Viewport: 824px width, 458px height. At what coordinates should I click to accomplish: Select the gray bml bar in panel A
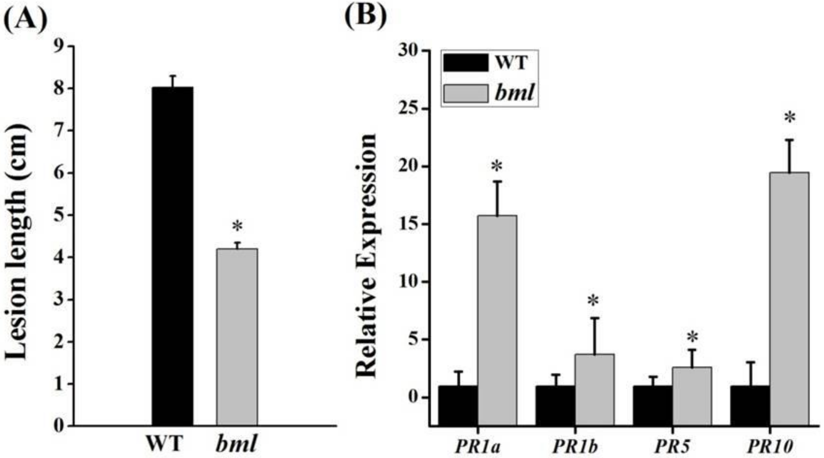tap(237, 337)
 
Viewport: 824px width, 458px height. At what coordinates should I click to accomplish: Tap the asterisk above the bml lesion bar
tap(237, 226)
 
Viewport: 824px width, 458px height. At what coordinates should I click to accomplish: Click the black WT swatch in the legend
tap(465, 62)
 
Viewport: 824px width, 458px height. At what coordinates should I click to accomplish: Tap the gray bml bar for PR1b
tap(594, 389)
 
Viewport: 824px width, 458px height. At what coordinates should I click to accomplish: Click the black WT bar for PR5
tap(653, 405)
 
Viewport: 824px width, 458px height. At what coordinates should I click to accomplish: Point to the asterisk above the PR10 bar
tap(789, 117)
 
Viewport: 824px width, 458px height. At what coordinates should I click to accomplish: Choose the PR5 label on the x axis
tap(672, 447)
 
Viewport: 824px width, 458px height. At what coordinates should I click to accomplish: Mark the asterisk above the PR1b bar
tap(593, 301)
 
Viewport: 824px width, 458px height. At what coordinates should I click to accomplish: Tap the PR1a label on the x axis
tap(478, 447)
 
